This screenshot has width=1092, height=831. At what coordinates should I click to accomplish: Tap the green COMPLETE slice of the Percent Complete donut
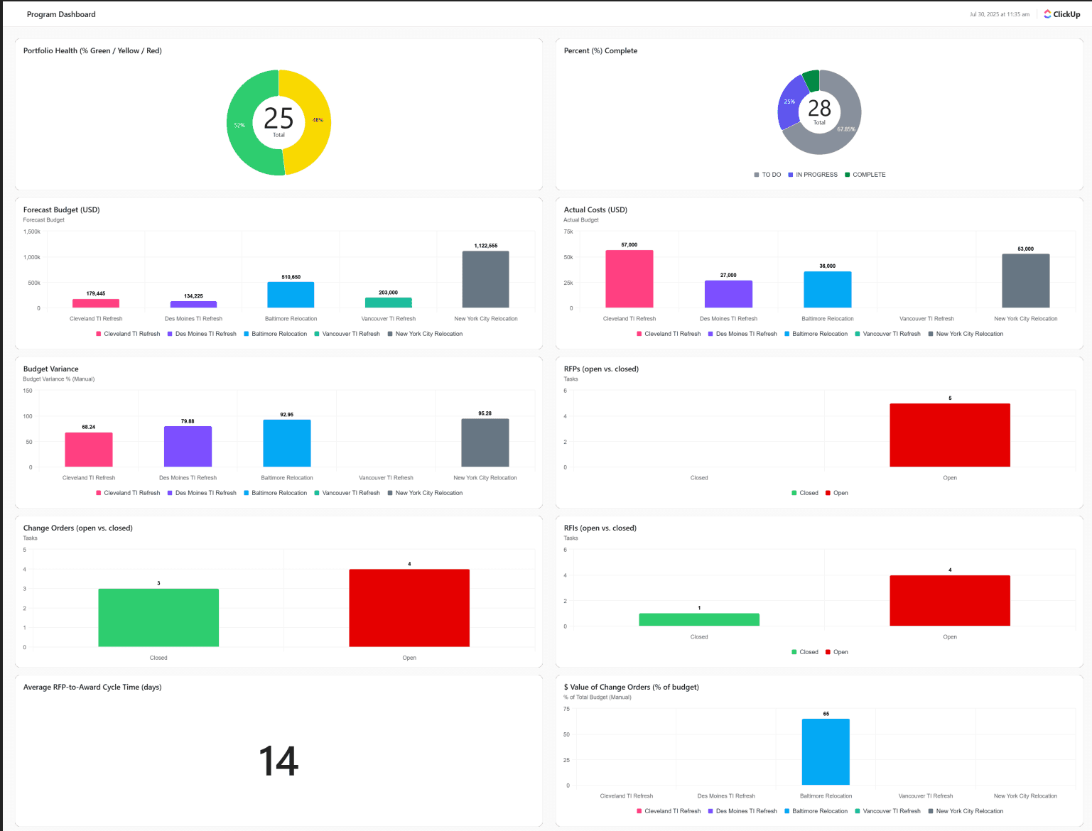point(811,80)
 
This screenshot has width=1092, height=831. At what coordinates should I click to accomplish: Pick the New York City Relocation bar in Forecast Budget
point(485,279)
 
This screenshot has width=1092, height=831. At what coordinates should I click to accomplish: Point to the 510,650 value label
point(291,277)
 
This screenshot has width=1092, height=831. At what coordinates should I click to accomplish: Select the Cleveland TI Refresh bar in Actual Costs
point(629,278)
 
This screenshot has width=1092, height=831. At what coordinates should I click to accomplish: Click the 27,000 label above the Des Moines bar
point(728,275)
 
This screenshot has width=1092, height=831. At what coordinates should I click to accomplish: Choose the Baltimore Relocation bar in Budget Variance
point(286,443)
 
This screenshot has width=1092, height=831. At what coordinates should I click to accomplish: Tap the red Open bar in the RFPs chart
point(949,435)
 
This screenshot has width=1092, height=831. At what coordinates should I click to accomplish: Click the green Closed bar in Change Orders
point(158,617)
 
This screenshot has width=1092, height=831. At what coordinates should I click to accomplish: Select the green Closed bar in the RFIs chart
point(699,619)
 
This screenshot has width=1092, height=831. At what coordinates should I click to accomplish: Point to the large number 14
point(279,761)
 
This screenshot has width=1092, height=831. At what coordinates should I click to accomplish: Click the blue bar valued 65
point(826,751)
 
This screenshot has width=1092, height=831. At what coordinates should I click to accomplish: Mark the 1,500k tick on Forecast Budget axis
point(32,232)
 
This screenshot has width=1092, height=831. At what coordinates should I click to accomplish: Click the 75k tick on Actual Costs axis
point(568,232)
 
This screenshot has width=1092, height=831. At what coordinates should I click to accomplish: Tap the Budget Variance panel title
point(51,369)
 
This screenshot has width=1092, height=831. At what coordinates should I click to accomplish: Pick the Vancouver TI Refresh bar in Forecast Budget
point(388,303)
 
